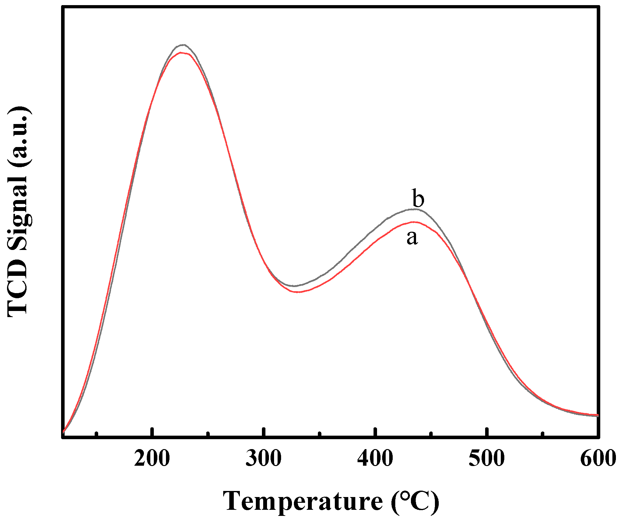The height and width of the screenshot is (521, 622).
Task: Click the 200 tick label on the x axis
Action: click(152, 458)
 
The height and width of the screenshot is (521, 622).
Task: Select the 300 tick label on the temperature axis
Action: click(264, 458)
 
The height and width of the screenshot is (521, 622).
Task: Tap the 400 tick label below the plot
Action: click(375, 458)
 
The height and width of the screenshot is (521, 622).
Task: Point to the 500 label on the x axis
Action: click(487, 458)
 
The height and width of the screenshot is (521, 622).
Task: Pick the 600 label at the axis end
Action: click(598, 458)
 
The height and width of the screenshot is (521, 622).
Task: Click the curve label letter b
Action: click(418, 198)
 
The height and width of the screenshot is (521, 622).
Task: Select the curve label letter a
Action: click(412, 237)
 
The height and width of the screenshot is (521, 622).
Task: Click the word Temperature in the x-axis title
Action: click(303, 501)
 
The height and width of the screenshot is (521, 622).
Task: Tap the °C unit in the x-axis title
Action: click(415, 501)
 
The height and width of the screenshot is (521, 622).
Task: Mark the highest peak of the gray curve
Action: click(183, 45)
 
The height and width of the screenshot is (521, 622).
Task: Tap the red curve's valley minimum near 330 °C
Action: click(298, 292)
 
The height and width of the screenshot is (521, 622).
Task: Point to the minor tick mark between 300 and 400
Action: click(319, 434)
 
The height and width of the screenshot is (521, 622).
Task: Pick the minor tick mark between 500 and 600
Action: click(542, 434)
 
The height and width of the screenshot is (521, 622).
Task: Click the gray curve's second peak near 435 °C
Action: click(415, 209)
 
